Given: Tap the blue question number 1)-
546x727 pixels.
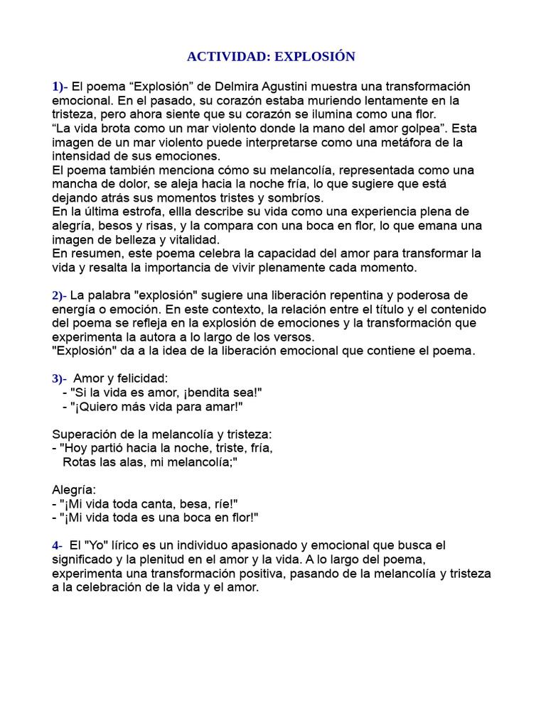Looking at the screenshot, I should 60,87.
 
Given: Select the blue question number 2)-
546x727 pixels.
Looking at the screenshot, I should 60,295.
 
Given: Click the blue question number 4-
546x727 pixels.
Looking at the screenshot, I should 58,545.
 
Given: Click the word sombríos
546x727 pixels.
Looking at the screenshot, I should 298,197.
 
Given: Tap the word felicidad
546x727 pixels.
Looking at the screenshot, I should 141,378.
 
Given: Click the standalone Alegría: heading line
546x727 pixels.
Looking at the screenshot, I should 75,490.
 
